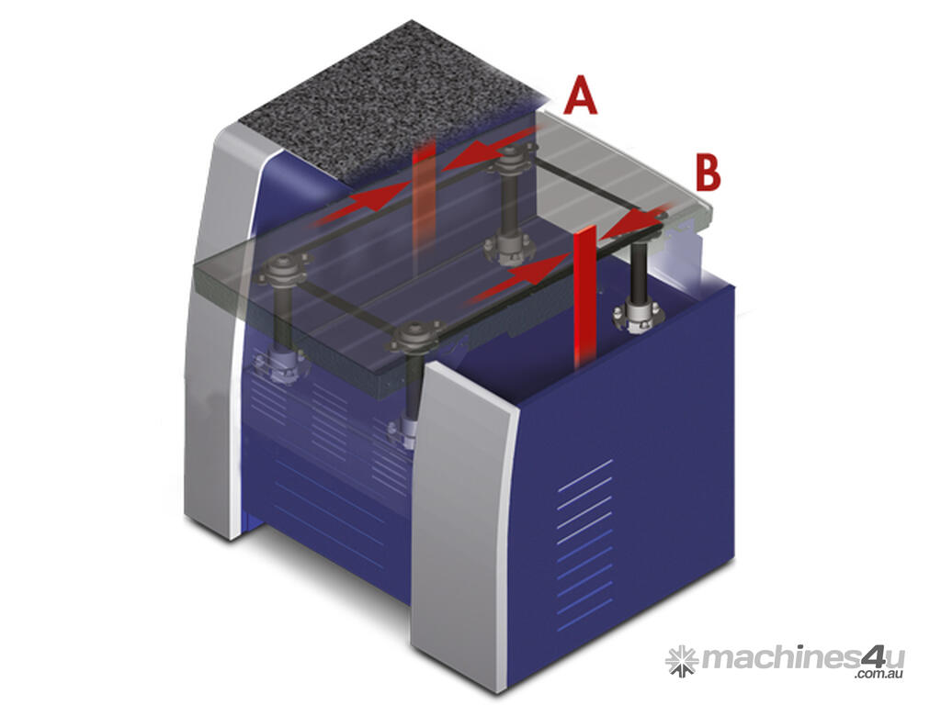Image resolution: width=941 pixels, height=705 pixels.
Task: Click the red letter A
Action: coord(580,95)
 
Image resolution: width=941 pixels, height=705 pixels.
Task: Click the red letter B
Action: coord(708,172)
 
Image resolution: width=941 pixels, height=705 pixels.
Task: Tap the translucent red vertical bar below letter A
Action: coord(424,204)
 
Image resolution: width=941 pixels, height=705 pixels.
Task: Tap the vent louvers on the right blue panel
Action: coord(585,545)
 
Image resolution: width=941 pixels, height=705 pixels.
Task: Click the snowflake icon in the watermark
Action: coord(681,661)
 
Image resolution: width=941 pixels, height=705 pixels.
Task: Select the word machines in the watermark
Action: coord(780,658)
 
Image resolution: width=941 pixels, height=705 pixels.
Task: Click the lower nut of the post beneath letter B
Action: coord(638,315)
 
